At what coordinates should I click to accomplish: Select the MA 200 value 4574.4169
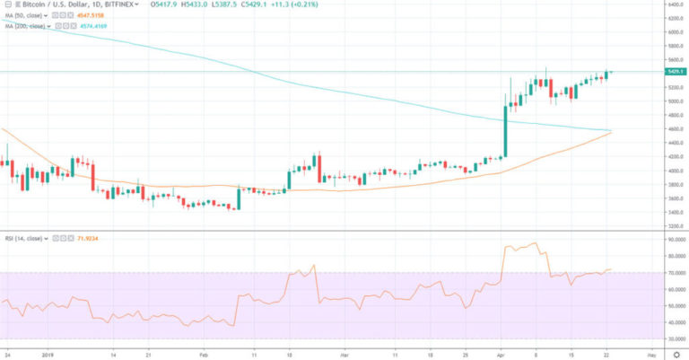[93, 27]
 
